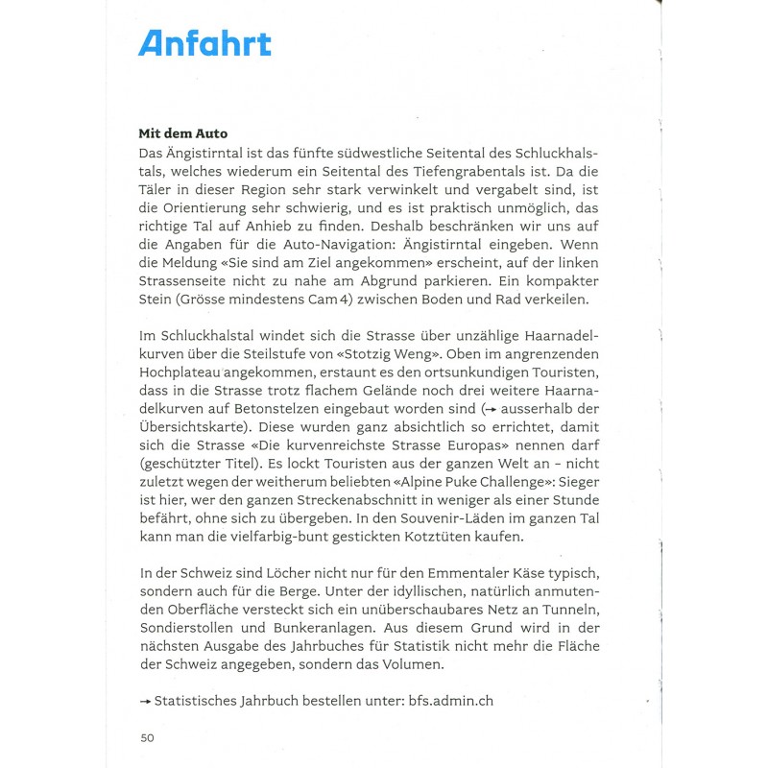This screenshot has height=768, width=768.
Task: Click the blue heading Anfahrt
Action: coord(204,43)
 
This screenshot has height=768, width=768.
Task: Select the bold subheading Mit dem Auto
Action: coord(183,133)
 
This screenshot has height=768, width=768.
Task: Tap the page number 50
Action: coord(147,737)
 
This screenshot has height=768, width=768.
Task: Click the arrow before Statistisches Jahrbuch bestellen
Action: coord(146,702)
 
